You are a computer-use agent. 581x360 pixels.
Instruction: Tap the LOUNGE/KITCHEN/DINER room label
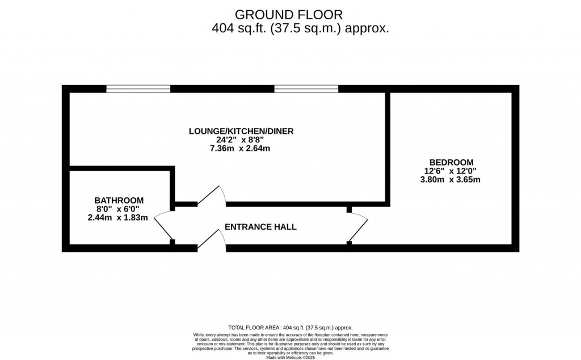point(241,132)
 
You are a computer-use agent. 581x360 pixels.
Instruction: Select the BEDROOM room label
point(451,162)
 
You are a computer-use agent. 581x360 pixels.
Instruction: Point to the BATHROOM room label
point(119,200)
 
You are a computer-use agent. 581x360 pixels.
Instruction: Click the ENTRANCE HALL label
point(260,227)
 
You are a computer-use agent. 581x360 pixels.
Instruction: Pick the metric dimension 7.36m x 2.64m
point(241,149)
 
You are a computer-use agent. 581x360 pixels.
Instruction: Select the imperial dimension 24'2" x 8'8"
point(241,140)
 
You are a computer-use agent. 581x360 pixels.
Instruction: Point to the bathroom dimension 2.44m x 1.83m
point(118,217)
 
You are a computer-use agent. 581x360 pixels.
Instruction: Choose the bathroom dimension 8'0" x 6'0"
point(118,209)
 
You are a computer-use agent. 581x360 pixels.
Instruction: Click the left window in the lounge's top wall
point(138,88)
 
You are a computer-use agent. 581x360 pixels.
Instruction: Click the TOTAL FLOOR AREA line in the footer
point(290,328)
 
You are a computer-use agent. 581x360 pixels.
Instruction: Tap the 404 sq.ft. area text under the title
point(300,28)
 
